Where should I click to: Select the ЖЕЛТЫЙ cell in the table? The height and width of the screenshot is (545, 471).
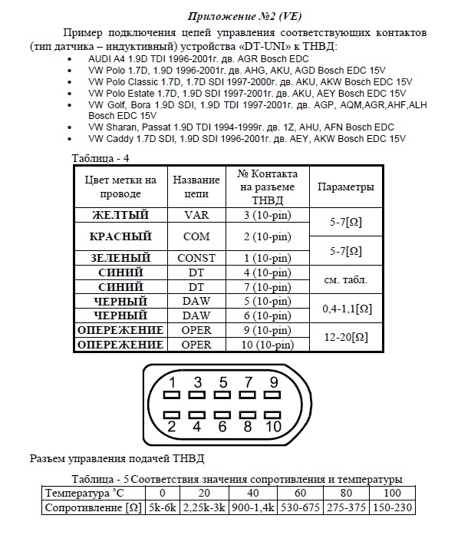[x=120, y=215]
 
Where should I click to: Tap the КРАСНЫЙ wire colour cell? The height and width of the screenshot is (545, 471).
[x=120, y=236]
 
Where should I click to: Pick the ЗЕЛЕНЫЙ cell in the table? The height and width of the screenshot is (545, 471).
[x=120, y=258]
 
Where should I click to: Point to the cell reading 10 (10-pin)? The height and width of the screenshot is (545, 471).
[x=267, y=345]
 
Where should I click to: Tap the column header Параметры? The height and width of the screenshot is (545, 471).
[x=345, y=187]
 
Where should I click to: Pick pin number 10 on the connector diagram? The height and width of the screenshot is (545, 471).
[x=274, y=426]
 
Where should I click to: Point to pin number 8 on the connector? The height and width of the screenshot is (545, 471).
[x=249, y=426]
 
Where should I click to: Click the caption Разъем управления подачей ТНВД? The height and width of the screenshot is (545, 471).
[x=117, y=459]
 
